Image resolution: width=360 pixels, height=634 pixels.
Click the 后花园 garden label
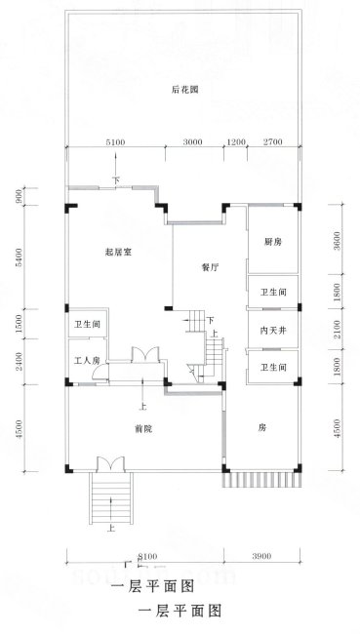tap(185, 91)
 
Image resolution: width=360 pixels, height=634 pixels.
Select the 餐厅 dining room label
tap(208, 264)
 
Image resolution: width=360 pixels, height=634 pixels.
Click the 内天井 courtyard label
tap(273, 330)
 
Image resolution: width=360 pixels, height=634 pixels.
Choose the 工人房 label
tap(87, 361)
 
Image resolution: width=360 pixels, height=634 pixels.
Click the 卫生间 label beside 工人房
tap(87, 324)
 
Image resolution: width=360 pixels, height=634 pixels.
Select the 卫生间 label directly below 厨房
tap(273, 293)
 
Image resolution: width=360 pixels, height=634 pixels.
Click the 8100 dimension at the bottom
tap(146, 555)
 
